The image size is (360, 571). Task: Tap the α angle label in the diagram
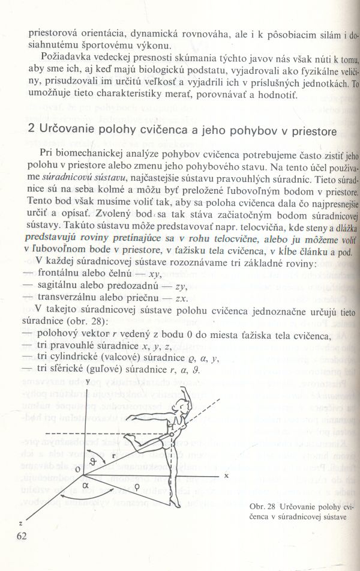pos(86,482)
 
